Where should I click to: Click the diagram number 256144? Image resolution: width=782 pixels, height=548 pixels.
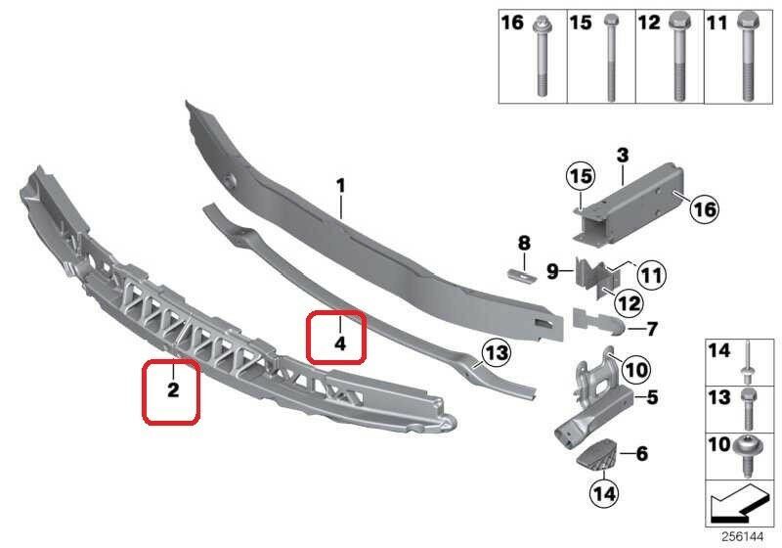[x=743, y=537]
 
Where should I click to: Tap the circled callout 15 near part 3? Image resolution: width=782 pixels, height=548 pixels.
[x=581, y=176]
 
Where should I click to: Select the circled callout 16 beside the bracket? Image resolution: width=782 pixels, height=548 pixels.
[x=705, y=209]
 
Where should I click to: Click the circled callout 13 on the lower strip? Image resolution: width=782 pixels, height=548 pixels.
[x=497, y=353]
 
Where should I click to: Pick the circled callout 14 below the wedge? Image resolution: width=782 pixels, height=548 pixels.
[x=604, y=493]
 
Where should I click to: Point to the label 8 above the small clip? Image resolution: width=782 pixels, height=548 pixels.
[x=524, y=244]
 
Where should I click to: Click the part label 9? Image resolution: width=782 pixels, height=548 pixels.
[x=552, y=271]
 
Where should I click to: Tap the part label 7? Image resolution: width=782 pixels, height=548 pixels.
[x=652, y=329]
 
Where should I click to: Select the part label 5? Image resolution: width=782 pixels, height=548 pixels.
[x=652, y=397]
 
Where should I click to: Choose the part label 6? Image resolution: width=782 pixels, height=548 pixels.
[x=642, y=453]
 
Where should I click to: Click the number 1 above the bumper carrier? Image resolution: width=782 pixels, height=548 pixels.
[x=340, y=186]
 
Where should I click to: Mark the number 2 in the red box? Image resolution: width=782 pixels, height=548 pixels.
[x=173, y=389]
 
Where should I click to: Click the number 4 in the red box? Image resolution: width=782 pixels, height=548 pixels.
[x=340, y=343]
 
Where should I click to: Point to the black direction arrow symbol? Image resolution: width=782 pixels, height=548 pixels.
[x=737, y=501]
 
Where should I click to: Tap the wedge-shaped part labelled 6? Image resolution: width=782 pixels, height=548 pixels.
[x=597, y=454]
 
